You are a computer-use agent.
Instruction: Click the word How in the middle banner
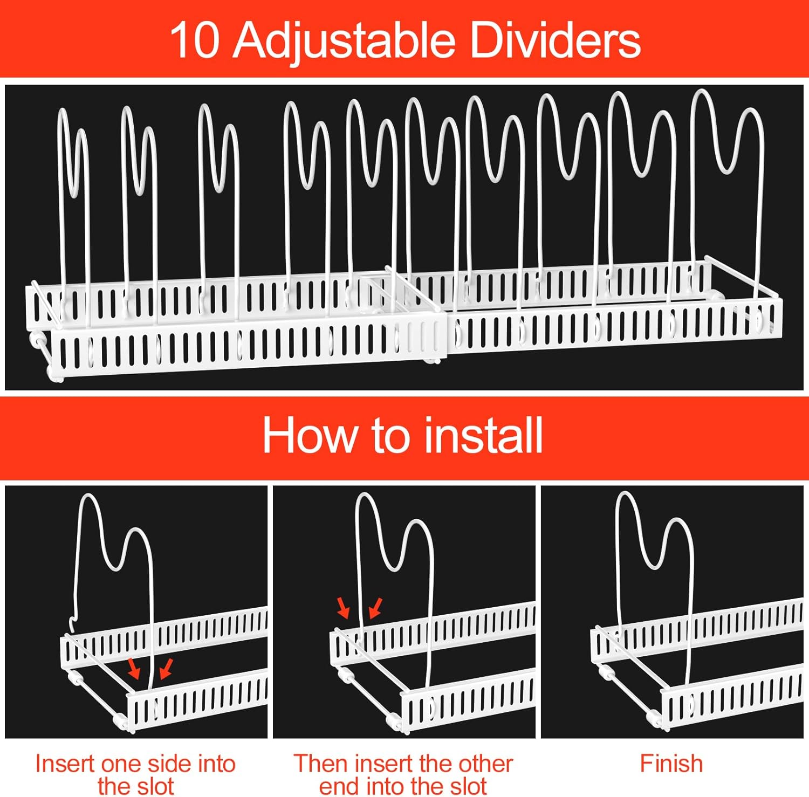coord(308,435)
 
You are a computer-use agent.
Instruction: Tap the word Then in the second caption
coord(319,764)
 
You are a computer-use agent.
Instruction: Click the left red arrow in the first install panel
coord(133,668)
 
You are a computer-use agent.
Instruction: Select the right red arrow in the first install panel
coord(167,668)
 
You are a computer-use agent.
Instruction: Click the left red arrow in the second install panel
coord(343,607)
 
